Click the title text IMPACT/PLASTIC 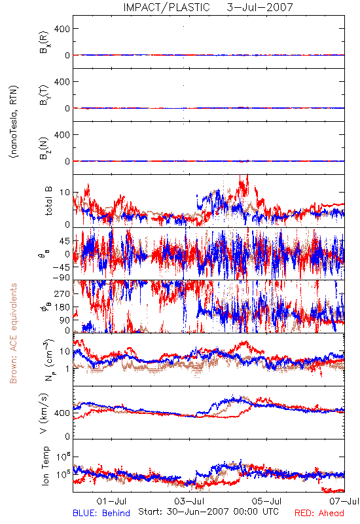(166, 7)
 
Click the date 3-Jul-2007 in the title (259, 7)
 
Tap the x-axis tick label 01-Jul (111, 501)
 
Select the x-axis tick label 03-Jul (189, 501)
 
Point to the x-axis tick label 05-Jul (267, 501)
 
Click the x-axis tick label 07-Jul (344, 501)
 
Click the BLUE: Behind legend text (101, 513)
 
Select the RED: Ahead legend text (319, 513)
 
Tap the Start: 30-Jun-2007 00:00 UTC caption (208, 512)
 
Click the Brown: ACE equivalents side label (13, 333)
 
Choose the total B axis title (48, 201)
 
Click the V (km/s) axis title (45, 413)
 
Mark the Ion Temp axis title (45, 466)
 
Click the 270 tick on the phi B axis (62, 293)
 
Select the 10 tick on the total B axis (65, 193)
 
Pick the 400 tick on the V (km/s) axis (62, 413)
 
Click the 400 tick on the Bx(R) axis (62, 29)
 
